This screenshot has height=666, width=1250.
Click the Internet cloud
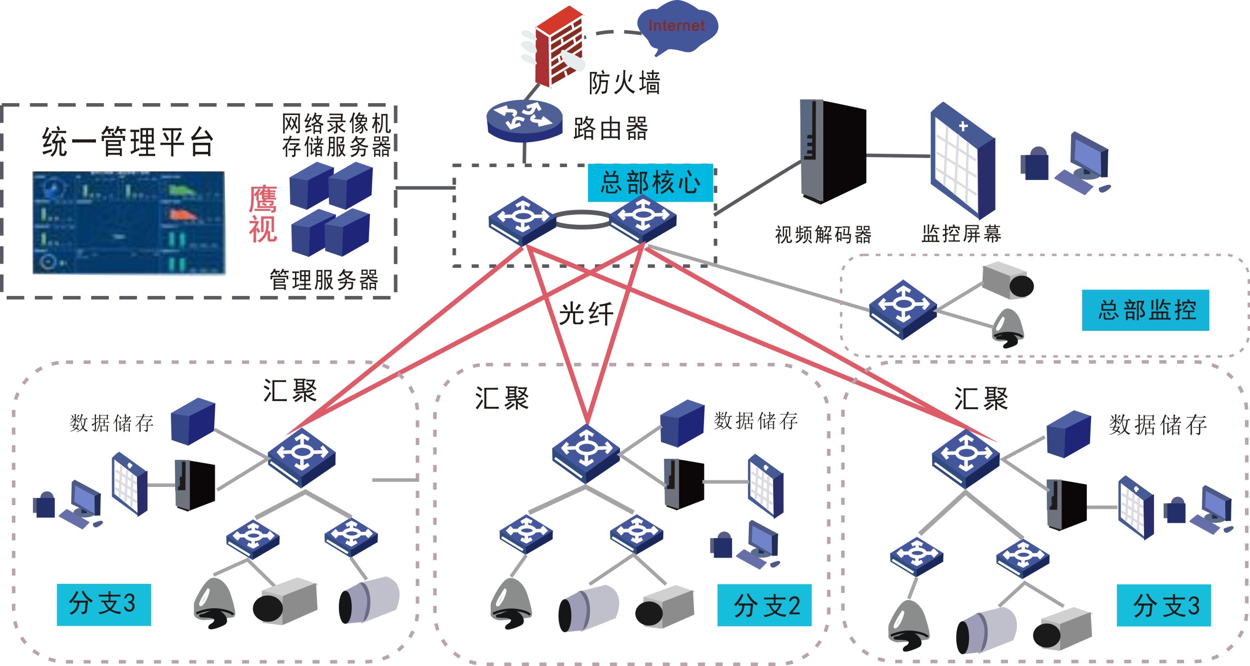tap(676, 27)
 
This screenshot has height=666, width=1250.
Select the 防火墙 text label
tap(624, 83)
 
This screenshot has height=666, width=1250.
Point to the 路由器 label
tap(610, 129)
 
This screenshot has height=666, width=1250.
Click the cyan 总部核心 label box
tap(650, 183)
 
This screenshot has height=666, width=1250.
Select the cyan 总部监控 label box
tap(1145, 310)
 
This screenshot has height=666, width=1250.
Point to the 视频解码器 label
tap(823, 235)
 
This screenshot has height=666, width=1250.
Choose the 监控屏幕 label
tap(961, 234)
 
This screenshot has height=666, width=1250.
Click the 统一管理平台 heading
tap(128, 142)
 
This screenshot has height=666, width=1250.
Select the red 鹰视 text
tap(263, 213)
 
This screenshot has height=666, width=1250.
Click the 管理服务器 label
tap(324, 280)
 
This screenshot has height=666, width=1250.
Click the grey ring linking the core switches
tap(582, 220)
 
